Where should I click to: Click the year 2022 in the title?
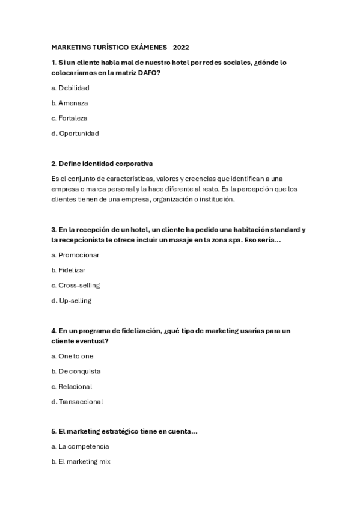pyautogui.click(x=180, y=47)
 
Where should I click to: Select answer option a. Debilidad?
pyautogui.click(x=70, y=88)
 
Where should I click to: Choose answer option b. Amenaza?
pyautogui.click(x=70, y=103)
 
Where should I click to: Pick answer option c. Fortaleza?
pyautogui.click(x=69, y=118)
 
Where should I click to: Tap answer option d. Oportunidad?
pyautogui.click(x=75, y=133)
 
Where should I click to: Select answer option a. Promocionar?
pyautogui.click(x=75, y=255)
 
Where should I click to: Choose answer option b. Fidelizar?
pyautogui.click(x=69, y=270)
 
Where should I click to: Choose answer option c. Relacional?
pyautogui.click(x=72, y=386)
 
